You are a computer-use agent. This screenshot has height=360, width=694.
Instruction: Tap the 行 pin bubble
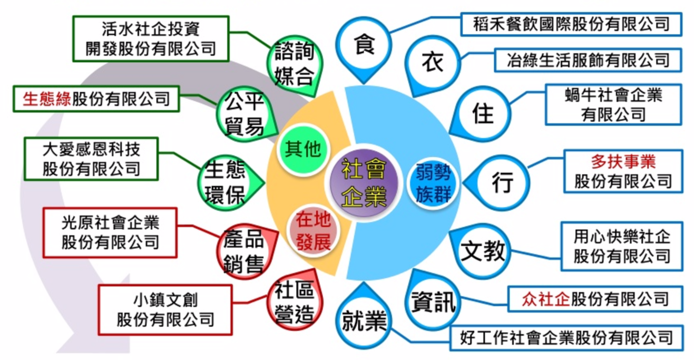(502, 183)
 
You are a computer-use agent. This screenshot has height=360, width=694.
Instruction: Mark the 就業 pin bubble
(364, 320)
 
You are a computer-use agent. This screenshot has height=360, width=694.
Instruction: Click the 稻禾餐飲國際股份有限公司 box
(571, 24)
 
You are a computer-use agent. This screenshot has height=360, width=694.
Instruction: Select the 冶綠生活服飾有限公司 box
(588, 60)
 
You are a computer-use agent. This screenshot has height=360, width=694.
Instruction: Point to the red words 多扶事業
(623, 161)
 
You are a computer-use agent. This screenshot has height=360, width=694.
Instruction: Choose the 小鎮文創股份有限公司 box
(165, 310)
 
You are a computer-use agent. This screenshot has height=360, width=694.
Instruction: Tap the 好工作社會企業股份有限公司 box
(566, 337)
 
